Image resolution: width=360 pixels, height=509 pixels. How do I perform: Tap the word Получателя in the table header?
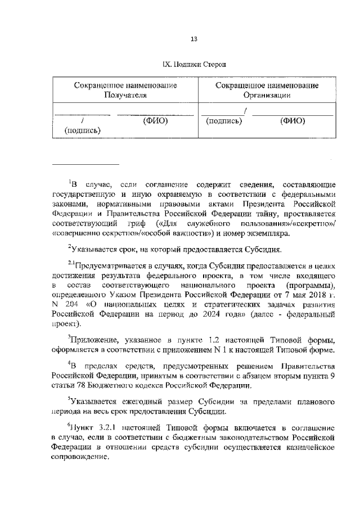pos(125,95)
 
